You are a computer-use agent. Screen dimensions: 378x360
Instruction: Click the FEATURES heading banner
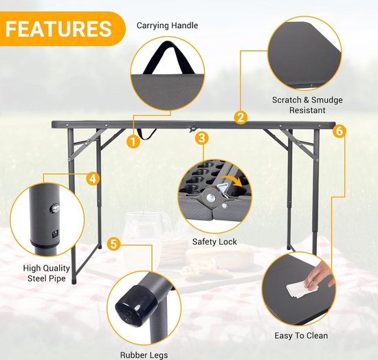tap(62, 29)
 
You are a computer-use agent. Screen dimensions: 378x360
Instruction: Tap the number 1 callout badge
tap(133, 142)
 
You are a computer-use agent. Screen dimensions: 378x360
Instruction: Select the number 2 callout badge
tap(241, 117)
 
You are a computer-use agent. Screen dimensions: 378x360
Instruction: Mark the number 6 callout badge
tap(340, 131)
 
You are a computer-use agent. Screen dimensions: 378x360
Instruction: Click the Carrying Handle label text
tap(167, 25)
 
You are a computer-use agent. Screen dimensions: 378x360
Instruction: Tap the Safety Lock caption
tap(214, 242)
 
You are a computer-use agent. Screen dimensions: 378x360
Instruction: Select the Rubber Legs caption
tap(144, 355)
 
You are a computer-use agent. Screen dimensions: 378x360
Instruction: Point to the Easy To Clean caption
tap(301, 335)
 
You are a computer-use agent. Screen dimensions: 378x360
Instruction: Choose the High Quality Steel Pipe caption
tap(47, 273)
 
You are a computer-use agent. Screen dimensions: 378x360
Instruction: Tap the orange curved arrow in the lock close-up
tap(232, 181)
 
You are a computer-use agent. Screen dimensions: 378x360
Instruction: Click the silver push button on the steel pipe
tap(54, 207)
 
